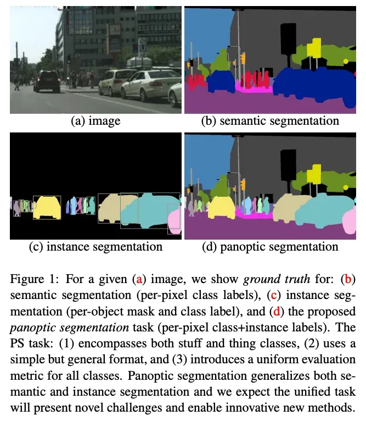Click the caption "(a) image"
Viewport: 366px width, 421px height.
tap(95, 121)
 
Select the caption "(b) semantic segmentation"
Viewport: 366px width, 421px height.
tap(270, 121)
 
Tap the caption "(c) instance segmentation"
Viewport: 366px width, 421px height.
tap(95, 247)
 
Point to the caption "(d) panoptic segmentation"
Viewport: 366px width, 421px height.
tap(270, 247)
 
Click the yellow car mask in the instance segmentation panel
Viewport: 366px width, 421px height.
tap(47, 208)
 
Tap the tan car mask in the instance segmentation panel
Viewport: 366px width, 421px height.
tap(112, 208)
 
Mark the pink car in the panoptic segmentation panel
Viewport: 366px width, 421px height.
tap(350, 221)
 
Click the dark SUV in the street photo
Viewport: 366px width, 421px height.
tap(47, 81)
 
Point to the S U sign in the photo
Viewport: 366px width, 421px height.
tap(142, 45)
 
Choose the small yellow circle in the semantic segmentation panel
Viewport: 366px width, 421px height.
tap(346, 62)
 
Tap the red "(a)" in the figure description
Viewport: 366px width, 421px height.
tap(139, 279)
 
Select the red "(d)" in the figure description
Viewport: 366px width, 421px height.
tap(277, 312)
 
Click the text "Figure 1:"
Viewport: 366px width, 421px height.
tap(35, 279)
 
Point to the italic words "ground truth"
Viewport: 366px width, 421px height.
tap(277, 280)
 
